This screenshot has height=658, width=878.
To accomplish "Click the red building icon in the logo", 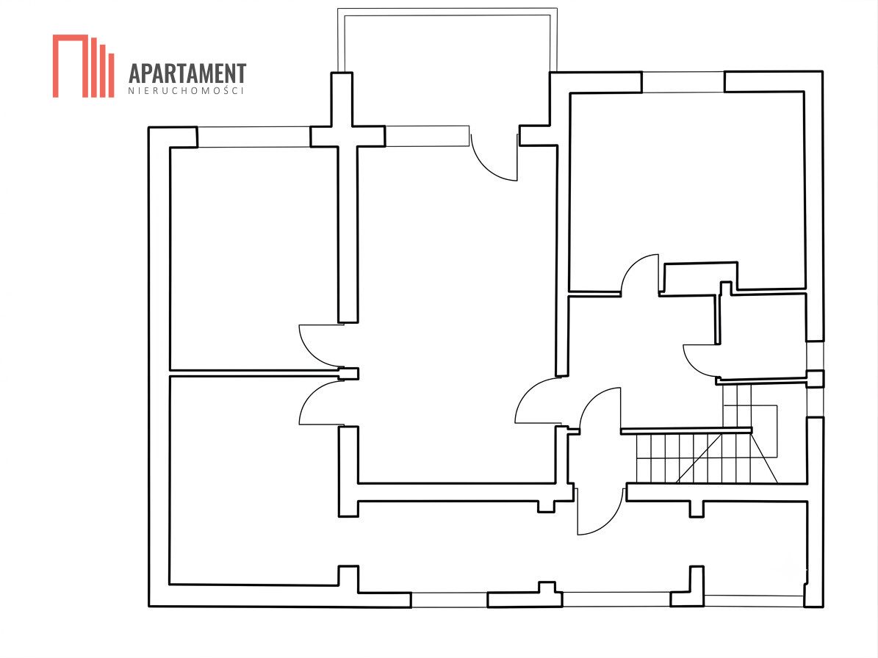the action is click(x=84, y=66).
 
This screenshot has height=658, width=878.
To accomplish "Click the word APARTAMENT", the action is click(x=187, y=74).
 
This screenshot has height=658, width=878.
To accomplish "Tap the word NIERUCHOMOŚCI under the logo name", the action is click(x=187, y=91).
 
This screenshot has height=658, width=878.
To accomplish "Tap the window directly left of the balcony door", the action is click(x=427, y=136).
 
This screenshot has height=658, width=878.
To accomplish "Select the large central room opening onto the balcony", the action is click(x=456, y=314).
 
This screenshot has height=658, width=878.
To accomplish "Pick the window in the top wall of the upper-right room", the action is click(x=683, y=82).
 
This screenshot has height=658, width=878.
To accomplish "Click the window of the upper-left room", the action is click(x=253, y=137).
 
